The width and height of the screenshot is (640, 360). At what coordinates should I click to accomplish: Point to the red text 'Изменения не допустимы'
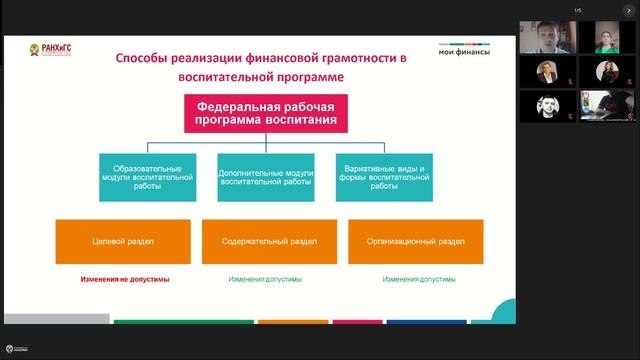[125, 279]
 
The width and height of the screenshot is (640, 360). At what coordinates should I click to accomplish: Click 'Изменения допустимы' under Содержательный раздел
[265, 279]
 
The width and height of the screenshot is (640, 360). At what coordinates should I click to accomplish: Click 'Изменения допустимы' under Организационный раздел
[419, 279]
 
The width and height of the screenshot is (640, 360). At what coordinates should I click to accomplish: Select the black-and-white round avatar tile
[548, 105]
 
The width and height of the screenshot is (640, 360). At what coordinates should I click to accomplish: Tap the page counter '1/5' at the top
[577, 11]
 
